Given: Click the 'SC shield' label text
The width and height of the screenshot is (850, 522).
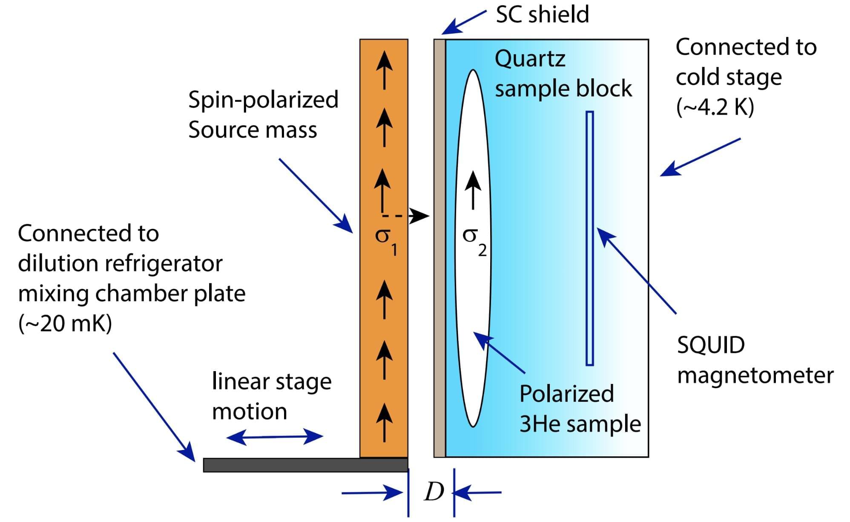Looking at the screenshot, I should [542, 14].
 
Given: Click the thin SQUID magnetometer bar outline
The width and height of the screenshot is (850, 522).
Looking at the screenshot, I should [589, 239].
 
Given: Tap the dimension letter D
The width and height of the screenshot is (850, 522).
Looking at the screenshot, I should [434, 492].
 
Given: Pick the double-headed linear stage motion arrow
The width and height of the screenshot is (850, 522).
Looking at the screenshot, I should [275, 437].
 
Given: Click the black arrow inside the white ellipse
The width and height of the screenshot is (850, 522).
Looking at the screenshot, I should [473, 190].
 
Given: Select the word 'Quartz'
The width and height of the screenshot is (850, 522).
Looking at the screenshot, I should [530, 59].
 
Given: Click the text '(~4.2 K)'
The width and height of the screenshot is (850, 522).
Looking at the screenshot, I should [715, 107].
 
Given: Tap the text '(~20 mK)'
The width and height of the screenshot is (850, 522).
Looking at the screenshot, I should [65, 323].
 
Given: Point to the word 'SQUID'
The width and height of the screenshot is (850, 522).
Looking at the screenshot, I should [711, 345].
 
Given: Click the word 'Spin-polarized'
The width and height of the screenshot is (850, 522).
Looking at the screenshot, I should [263, 100].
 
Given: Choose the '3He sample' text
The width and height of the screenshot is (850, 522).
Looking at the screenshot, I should [580, 424].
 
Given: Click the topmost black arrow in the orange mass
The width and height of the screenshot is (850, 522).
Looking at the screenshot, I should [384, 70].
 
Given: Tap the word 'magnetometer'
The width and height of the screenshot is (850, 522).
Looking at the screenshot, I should [755, 375].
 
